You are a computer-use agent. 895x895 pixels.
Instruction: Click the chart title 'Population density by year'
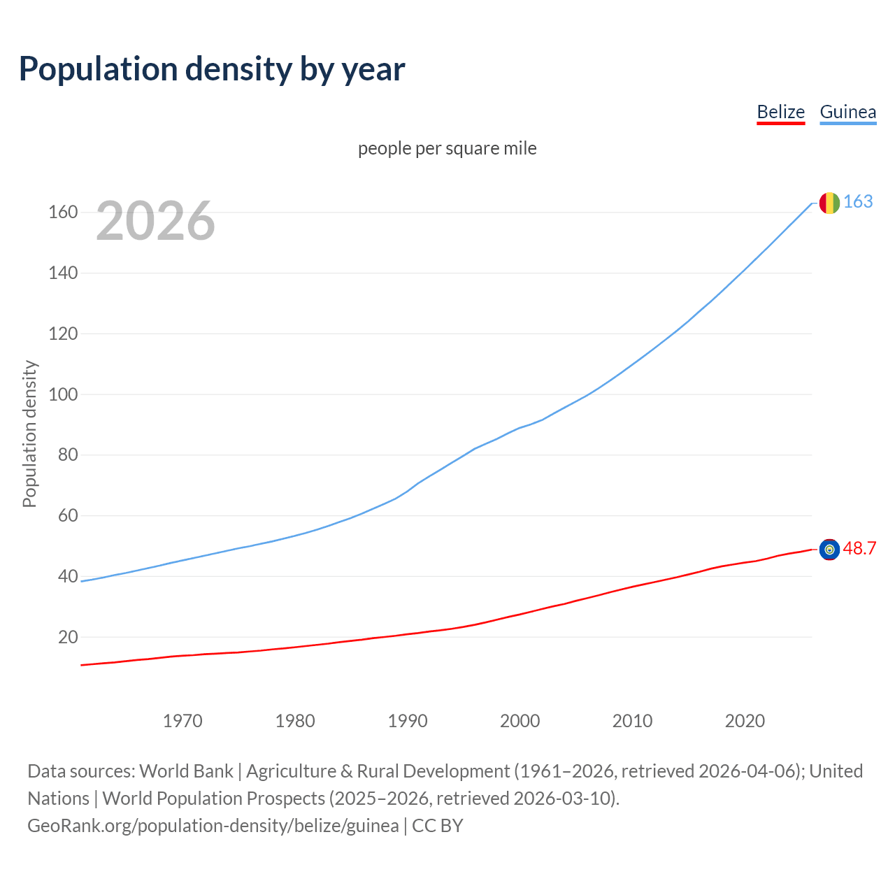pyautogui.click(x=212, y=69)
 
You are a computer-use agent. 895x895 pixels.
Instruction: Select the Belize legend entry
pyautogui.click(x=780, y=112)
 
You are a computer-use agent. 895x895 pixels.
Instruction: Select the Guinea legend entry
pyautogui.click(x=847, y=112)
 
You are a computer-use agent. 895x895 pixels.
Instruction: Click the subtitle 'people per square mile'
pyautogui.click(x=447, y=148)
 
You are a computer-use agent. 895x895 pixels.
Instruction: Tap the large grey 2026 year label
pyautogui.click(x=155, y=221)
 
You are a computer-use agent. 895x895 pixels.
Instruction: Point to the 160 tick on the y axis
pyautogui.click(x=63, y=212)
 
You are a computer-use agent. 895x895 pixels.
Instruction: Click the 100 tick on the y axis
pyautogui.click(x=63, y=394)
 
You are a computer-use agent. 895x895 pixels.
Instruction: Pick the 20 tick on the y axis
pyautogui.click(x=68, y=637)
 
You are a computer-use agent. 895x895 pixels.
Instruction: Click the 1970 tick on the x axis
pyautogui.click(x=182, y=721)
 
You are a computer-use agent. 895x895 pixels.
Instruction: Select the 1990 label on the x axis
pyautogui.click(x=408, y=721)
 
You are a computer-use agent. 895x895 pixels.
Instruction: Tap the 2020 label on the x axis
pyautogui.click(x=745, y=721)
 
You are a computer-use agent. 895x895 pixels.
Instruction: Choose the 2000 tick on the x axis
pyautogui.click(x=520, y=721)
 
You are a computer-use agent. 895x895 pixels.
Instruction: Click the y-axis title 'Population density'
pyautogui.click(x=29, y=434)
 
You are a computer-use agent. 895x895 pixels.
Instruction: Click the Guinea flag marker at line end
pyautogui.click(x=829, y=203)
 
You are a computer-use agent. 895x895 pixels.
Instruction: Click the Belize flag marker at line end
pyautogui.click(x=829, y=550)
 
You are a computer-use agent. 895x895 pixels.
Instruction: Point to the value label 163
pyautogui.click(x=858, y=202)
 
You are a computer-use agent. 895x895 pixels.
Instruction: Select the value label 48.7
pyautogui.click(x=859, y=549)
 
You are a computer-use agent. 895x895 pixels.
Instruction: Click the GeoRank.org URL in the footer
pyautogui.click(x=213, y=826)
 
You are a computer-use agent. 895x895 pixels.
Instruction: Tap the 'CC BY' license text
pyautogui.click(x=438, y=826)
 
